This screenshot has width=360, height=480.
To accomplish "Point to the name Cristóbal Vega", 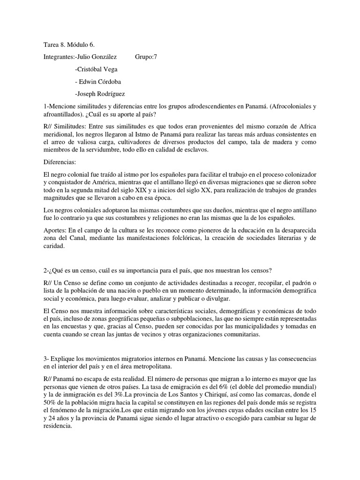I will [96, 69].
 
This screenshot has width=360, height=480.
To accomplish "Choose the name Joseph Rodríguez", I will [100, 94].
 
